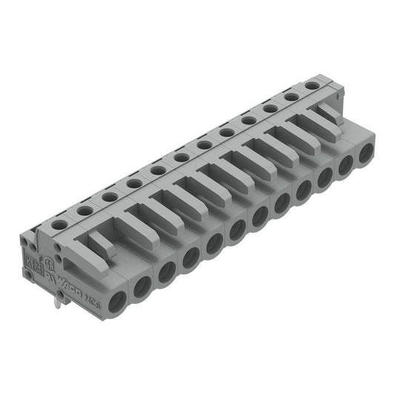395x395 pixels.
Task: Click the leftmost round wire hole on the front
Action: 117,300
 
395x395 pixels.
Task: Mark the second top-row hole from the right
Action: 291,97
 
